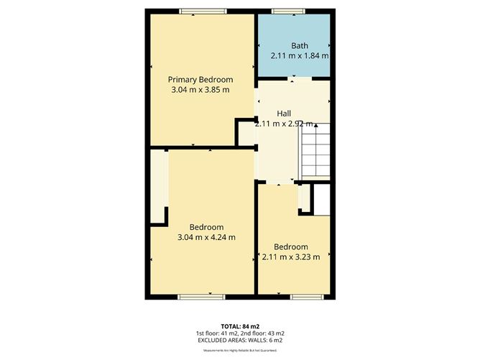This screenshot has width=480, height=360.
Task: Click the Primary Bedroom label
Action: pos(200,79)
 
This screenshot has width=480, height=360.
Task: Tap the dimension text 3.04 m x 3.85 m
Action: pos(200,90)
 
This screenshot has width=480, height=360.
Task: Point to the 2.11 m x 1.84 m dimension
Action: pos(300,55)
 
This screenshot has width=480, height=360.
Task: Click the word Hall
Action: pos(285,113)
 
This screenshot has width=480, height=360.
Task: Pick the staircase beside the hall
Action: pos(315,152)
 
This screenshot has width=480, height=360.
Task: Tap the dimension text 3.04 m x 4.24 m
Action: pos(206,236)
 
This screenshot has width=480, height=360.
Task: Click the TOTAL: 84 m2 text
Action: pos(239,325)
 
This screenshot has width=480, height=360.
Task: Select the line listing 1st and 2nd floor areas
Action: pos(239,333)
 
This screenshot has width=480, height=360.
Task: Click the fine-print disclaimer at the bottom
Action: pos(239,351)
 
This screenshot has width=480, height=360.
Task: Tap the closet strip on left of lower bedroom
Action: pos(158,187)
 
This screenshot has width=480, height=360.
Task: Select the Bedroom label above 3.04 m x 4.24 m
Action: pos(206,226)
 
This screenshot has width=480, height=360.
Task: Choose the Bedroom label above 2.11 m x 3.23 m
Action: pos(291,246)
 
